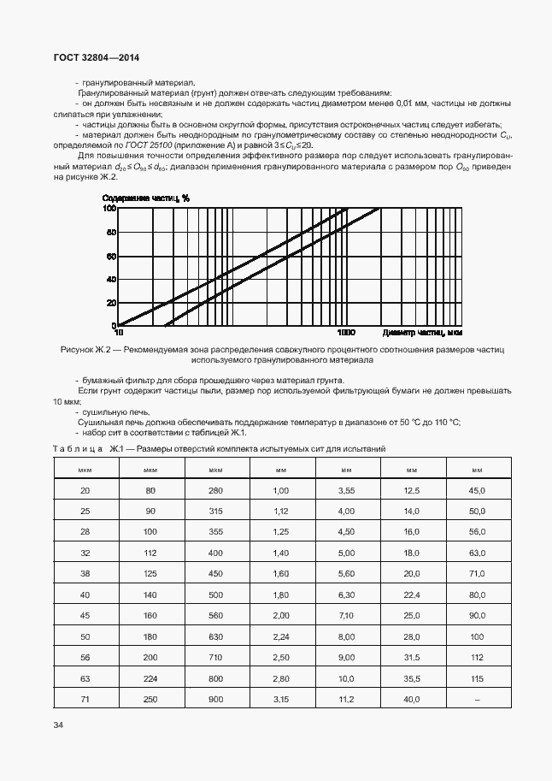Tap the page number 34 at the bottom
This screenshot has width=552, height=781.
pos(58,725)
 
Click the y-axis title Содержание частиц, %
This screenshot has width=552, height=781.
pos(152,198)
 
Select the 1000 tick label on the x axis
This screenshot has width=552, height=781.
pos(346,332)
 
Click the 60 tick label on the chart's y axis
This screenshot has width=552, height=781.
pos(109,256)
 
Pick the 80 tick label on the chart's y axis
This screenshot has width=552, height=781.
pos(109,232)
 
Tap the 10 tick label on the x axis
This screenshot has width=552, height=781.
pos(118,332)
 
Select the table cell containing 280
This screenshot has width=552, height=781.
pos(214,490)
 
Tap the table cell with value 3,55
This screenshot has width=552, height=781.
pos(346,490)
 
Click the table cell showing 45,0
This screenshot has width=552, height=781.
pos(477,490)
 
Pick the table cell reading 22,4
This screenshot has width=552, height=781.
pos(411,594)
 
